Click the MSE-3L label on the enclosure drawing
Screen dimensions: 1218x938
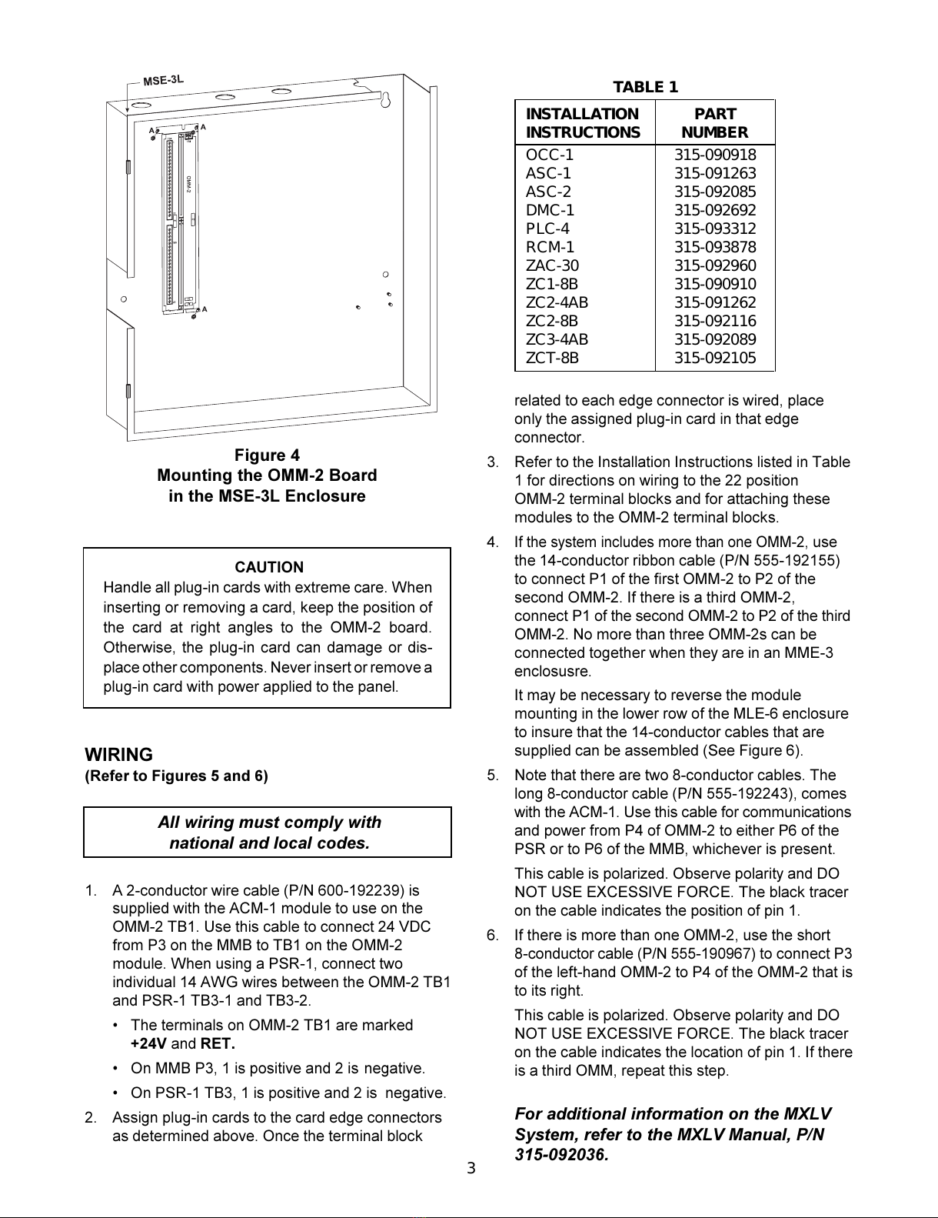164,79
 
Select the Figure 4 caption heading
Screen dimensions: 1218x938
267,455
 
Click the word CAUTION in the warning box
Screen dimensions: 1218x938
269,567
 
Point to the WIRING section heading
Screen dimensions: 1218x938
118,755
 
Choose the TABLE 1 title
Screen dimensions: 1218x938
645,87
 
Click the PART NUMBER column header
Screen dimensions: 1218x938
715,123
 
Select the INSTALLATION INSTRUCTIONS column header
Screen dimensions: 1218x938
583,123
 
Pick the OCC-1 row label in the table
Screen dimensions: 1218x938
550,155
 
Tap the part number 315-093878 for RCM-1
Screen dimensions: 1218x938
715,247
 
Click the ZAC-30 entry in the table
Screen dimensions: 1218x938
552,265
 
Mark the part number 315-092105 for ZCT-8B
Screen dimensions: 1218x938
715,358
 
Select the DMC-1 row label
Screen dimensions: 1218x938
550,210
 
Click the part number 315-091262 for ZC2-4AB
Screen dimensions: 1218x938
715,302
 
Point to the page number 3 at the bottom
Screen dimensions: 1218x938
471,1169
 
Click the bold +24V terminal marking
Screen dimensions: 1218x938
148,1044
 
